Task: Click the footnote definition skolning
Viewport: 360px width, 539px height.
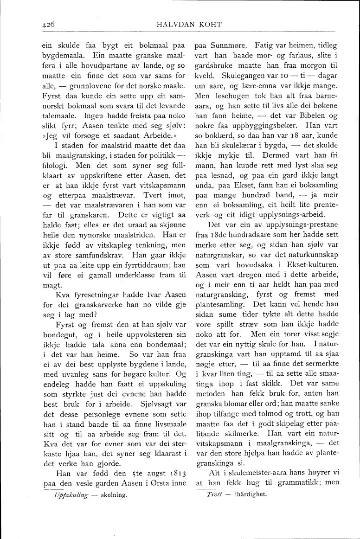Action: pos(114,494)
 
